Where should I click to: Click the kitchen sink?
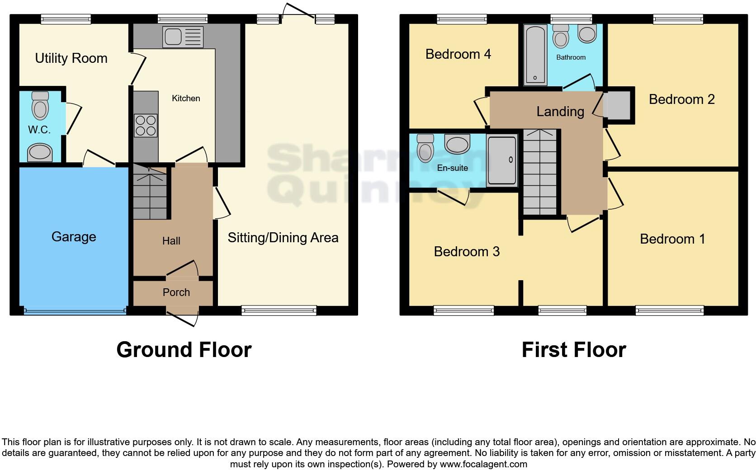click(184, 37)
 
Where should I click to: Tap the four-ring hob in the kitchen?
click(146, 126)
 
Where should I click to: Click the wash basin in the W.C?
click(40, 153)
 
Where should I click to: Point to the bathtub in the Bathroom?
click(535, 55)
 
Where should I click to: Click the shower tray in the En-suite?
click(501, 160)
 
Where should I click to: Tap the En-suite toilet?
click(425, 148)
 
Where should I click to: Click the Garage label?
click(74, 236)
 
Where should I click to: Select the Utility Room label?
click(71, 58)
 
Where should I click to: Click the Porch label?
click(176, 292)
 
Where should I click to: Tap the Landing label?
click(560, 111)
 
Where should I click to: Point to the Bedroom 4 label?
click(458, 54)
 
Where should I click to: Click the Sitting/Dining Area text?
click(283, 238)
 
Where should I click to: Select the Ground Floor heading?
click(184, 350)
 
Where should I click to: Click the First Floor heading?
click(573, 350)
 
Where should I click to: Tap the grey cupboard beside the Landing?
click(618, 105)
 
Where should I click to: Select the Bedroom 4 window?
click(462, 19)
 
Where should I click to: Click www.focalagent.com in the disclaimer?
click(483, 464)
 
